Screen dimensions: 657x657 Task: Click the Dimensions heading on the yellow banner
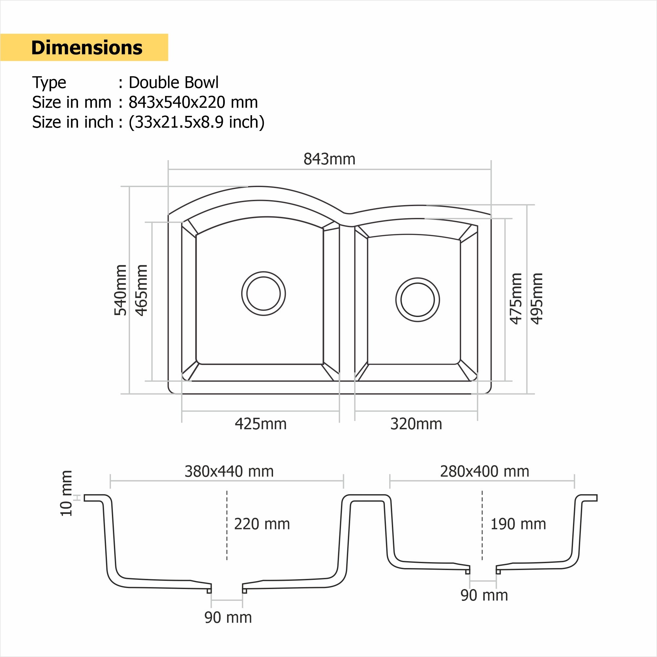click(x=87, y=48)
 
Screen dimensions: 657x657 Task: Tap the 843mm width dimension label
click(x=329, y=159)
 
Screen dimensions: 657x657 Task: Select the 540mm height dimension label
click(x=120, y=290)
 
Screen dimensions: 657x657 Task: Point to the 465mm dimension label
click(x=141, y=290)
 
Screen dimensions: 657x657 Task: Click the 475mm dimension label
click(x=516, y=299)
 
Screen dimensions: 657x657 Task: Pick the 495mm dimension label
click(x=537, y=299)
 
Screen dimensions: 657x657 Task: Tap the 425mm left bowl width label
click(x=261, y=424)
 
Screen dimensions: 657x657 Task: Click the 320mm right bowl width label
click(x=416, y=424)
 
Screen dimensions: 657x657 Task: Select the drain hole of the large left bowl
click(x=264, y=293)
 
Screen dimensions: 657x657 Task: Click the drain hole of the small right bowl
click(x=417, y=300)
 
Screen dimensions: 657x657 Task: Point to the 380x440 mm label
click(x=229, y=471)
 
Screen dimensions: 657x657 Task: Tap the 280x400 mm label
click(x=485, y=471)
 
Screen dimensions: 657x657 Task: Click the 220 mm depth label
click(x=262, y=524)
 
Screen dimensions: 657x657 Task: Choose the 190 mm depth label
click(x=518, y=524)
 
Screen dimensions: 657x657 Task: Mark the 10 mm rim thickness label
click(x=66, y=494)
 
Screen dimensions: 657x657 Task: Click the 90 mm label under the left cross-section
click(x=228, y=618)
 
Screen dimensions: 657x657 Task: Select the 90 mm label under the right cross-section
click(x=484, y=595)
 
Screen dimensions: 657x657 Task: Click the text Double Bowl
click(x=173, y=83)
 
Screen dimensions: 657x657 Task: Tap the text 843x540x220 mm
click(x=193, y=102)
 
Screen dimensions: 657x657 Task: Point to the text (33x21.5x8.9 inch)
click(x=197, y=122)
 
